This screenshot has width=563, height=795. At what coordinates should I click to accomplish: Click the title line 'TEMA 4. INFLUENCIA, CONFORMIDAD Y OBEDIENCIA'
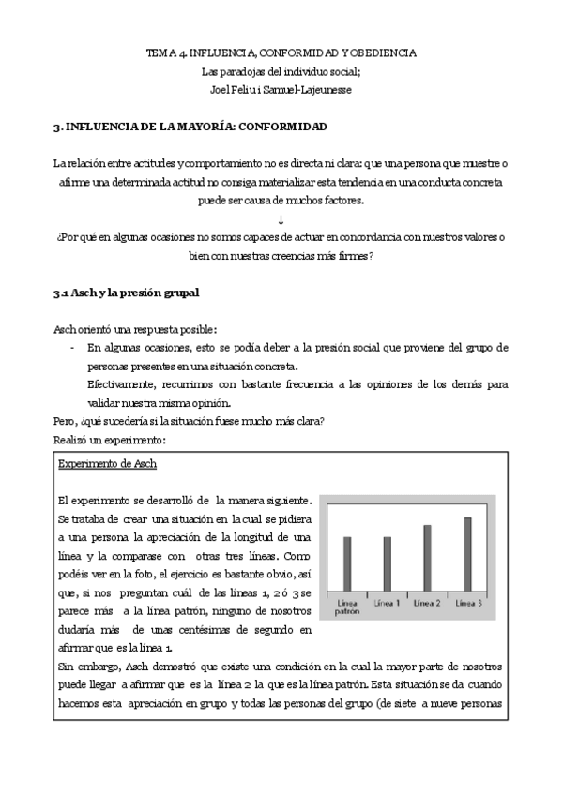[x=281, y=53]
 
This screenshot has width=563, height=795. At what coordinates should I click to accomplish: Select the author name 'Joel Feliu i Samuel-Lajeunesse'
[x=281, y=90]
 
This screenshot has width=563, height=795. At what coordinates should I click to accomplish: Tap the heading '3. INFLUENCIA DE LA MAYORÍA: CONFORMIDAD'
[x=190, y=126]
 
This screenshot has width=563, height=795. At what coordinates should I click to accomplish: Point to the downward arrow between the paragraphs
[x=281, y=218]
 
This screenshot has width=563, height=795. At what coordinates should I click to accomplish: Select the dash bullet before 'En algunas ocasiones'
[x=73, y=347]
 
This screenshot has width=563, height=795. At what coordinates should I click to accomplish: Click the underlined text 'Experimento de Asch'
[x=107, y=464]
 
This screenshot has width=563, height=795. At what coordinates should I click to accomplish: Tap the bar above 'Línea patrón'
[x=347, y=563]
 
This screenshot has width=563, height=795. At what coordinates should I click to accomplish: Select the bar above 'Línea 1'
[x=388, y=563]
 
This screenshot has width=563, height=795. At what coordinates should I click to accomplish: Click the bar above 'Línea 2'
[x=428, y=557]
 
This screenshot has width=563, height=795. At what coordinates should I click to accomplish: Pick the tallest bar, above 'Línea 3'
[x=468, y=553]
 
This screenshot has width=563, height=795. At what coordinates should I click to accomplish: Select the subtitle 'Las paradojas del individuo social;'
[x=281, y=71]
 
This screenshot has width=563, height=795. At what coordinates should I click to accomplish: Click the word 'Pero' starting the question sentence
[x=65, y=421]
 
